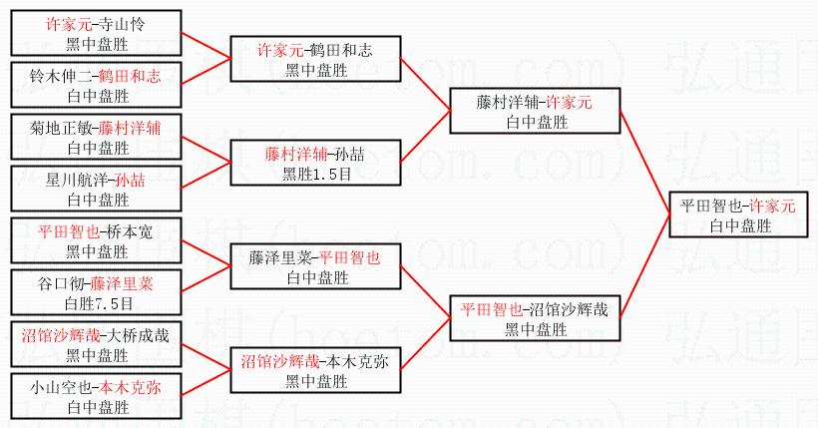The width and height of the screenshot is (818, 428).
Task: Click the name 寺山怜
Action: (x=130, y=22)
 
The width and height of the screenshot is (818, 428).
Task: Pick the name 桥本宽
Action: (x=129, y=230)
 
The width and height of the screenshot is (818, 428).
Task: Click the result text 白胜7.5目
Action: (x=97, y=301)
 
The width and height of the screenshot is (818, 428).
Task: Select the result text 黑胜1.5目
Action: (x=318, y=173)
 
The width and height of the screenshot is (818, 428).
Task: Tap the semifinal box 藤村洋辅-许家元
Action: (x=535, y=111)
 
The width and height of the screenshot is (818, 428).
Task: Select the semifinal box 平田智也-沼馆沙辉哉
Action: (x=535, y=317)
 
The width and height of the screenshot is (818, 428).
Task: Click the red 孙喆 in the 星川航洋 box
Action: (x=130, y=181)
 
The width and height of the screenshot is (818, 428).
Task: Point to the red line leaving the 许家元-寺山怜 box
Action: (x=205, y=45)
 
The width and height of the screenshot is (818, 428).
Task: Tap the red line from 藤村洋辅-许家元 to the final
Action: (x=644, y=160)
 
